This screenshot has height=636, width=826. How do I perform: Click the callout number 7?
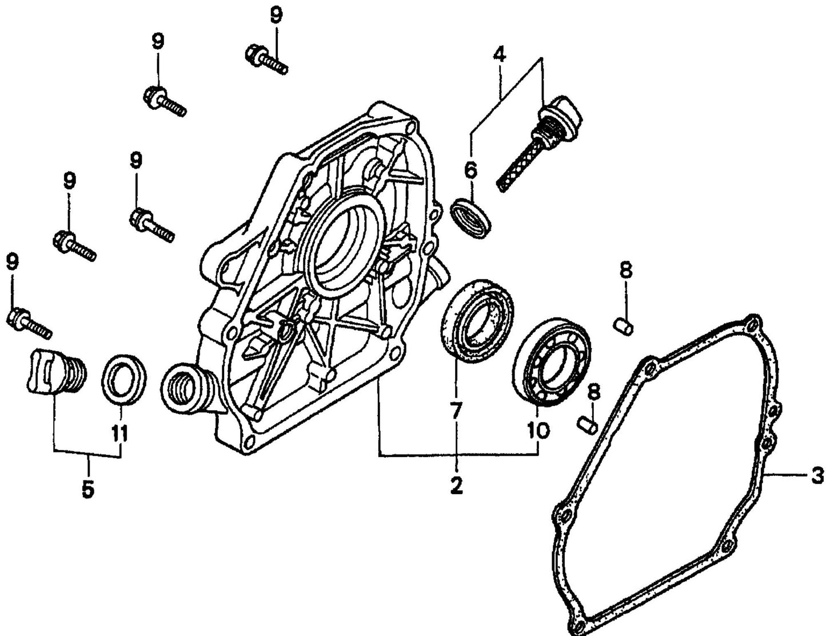pos(456,412)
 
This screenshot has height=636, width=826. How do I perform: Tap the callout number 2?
pos(456,486)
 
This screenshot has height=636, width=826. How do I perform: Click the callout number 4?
pos(499,55)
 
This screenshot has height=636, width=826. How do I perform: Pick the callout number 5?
pos(87,489)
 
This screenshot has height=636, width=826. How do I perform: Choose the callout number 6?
pos(470,170)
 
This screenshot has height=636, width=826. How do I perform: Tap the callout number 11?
pos(120,434)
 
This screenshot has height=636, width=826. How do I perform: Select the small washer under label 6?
pos(471,217)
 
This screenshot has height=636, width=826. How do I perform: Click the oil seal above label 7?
pos(477,320)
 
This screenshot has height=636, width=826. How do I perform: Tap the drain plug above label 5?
pos(56,372)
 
